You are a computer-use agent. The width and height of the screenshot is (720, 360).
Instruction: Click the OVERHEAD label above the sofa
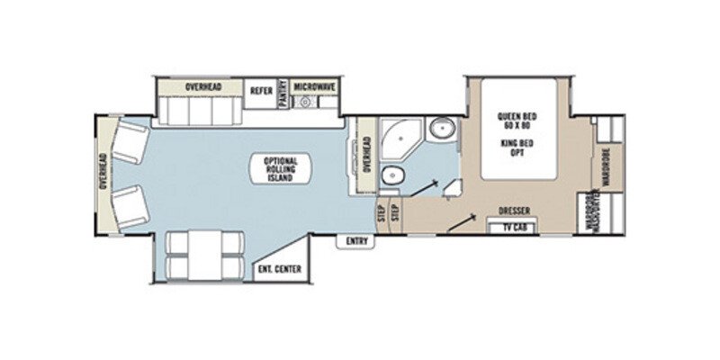tap(204, 86)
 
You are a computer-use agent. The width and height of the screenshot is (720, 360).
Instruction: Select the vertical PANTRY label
tap(282, 94)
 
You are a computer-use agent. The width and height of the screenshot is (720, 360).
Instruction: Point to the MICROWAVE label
tap(314, 86)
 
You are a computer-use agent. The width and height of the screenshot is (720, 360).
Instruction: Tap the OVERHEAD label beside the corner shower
tap(366, 154)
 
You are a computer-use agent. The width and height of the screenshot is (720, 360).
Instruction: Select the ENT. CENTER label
tap(279, 269)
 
